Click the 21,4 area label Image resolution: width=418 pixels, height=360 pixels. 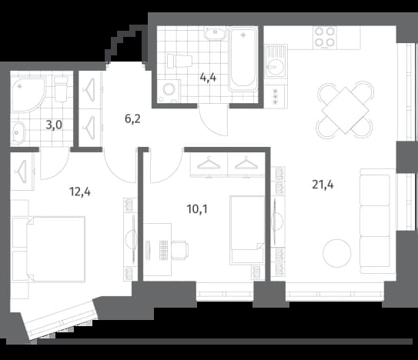(x=323, y=185)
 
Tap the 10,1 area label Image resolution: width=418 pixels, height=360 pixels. (x=197, y=209)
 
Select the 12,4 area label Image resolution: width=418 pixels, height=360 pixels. (x=80, y=192)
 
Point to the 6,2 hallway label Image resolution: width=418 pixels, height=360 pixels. (x=132, y=118)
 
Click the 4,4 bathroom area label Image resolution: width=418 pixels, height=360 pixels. (x=208, y=78)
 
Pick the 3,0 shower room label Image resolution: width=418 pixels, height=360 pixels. (x=54, y=125)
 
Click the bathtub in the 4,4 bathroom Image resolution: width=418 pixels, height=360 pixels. (x=242, y=59)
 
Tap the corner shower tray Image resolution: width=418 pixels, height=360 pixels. (x=28, y=95)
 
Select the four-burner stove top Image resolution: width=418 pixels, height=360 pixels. (x=324, y=37)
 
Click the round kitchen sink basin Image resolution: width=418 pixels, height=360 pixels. (x=276, y=66)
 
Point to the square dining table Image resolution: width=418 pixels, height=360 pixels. (x=345, y=110)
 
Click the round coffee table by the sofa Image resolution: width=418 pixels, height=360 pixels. (x=337, y=253)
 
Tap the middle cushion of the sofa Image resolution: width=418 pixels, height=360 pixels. (x=375, y=221)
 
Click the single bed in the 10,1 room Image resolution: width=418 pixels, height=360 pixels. (x=247, y=230)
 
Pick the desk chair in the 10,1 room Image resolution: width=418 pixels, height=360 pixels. (x=180, y=250)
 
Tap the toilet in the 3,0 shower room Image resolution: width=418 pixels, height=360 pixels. (x=61, y=89)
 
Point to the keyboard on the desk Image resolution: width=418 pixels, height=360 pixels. (x=163, y=250)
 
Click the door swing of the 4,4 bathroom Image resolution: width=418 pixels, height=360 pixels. (x=213, y=122)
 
